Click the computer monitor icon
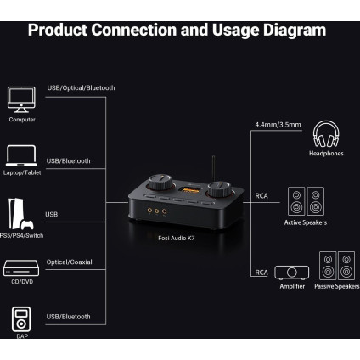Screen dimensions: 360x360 point(22,99)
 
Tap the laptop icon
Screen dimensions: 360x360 point(22,155)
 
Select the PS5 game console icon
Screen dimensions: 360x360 point(20,212)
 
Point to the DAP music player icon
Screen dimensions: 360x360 point(22,321)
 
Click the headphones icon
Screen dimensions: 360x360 point(327,133)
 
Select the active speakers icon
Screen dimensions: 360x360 point(305,200)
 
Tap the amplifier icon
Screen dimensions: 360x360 point(292,273)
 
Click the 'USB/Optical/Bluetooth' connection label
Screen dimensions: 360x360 point(81,87)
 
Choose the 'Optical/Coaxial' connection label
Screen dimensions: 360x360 point(70,262)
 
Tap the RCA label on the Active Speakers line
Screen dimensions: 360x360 point(262,194)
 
